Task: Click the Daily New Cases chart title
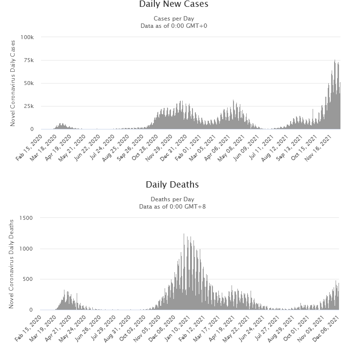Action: click(x=173, y=4)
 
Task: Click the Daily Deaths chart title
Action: click(x=172, y=185)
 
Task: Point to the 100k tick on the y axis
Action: click(x=27, y=37)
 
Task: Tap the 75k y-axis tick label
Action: click(x=28, y=60)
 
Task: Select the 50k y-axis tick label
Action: click(x=28, y=83)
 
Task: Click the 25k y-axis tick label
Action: click(x=28, y=106)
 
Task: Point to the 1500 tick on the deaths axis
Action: click(x=25, y=218)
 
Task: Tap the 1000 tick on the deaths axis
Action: click(x=25, y=249)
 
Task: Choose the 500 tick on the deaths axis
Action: click(x=27, y=279)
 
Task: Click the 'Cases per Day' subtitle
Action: click(x=173, y=19)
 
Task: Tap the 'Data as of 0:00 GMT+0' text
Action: click(x=173, y=25)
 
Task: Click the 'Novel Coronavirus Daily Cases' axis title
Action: click(x=13, y=83)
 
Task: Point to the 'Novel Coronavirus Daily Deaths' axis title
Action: click(x=11, y=264)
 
